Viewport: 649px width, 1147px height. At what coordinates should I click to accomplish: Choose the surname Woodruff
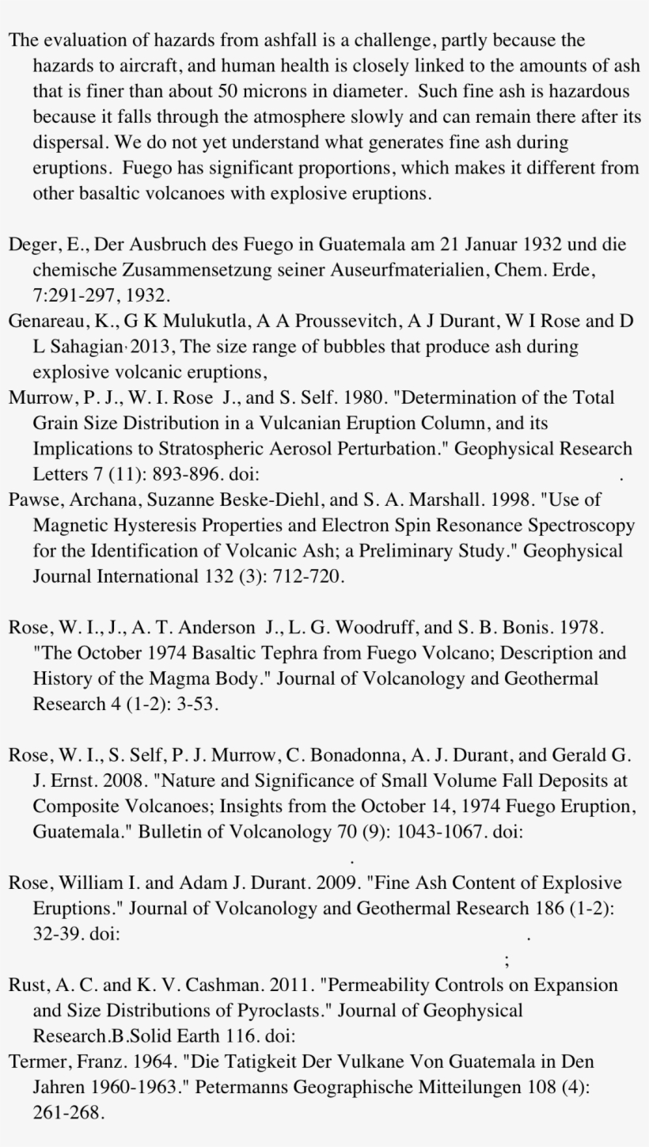tap(367, 627)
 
